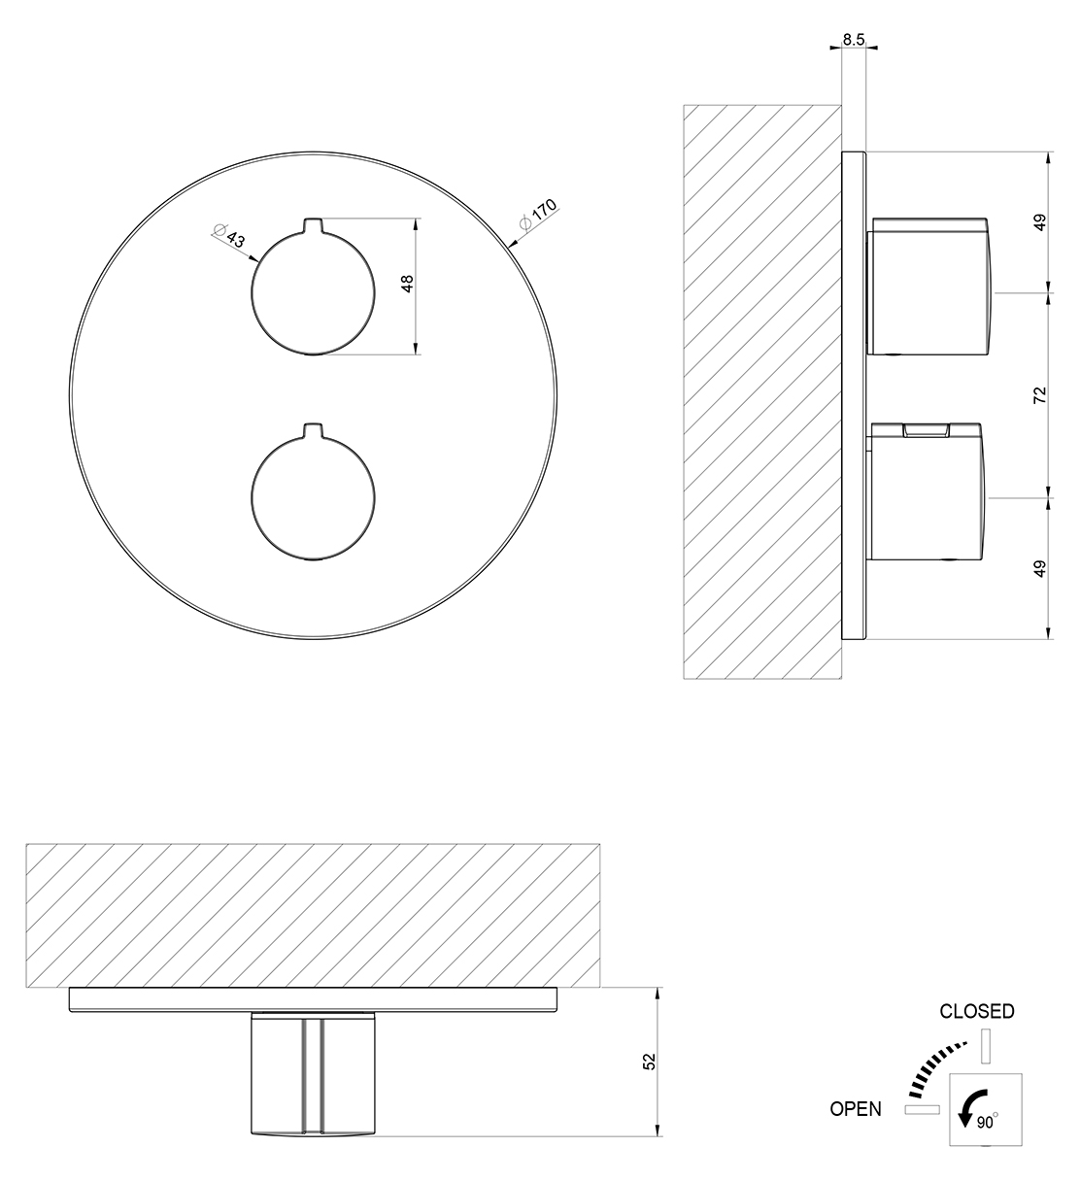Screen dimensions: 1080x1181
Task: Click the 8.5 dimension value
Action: [x=854, y=40]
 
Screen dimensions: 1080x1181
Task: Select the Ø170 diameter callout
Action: [x=538, y=215]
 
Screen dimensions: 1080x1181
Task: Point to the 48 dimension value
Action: [x=407, y=284]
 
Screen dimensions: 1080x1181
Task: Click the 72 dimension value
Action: [x=1040, y=394]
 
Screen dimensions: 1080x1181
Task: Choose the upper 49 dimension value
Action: [x=1040, y=222]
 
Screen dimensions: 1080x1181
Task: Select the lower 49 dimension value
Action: [x=1040, y=568]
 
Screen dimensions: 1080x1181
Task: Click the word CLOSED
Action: [x=977, y=1011]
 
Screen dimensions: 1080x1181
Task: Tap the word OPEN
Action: [x=856, y=1109]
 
